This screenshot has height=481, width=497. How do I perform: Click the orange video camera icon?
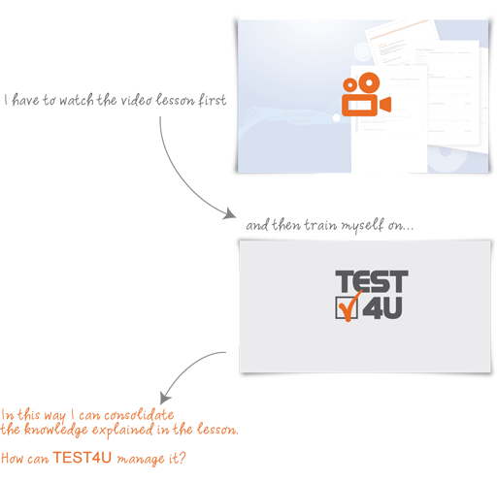366,94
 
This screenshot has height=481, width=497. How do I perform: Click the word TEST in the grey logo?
372,281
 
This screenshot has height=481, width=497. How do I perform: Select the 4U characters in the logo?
382,308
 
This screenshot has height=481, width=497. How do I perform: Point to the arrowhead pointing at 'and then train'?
230,214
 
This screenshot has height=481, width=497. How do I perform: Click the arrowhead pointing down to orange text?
165,398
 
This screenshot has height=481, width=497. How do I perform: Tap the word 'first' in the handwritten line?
212,100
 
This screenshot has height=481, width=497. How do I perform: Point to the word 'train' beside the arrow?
320,225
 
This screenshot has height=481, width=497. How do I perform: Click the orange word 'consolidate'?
139,415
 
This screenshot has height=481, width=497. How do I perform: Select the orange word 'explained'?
122,431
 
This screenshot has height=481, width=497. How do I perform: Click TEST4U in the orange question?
83,458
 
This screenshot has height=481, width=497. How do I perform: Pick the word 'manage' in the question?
141,460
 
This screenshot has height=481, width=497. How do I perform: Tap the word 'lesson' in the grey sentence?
175,100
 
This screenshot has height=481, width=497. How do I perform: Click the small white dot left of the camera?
337,118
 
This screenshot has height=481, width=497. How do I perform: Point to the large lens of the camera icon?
369,82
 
